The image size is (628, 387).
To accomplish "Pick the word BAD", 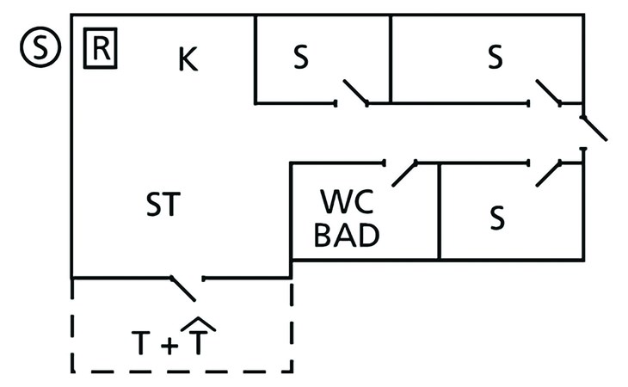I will (346, 236).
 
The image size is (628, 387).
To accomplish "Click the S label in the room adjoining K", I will (299, 57).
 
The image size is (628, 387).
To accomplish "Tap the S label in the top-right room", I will (494, 57).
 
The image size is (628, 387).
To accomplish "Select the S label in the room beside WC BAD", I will (496, 218).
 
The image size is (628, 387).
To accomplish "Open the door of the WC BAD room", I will (403, 173).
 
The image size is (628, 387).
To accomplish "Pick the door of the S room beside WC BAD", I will (548, 173).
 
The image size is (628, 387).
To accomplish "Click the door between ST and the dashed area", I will (184, 287).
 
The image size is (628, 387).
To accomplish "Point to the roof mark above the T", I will (199, 322).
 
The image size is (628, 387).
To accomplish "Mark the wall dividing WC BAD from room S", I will (440, 211).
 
